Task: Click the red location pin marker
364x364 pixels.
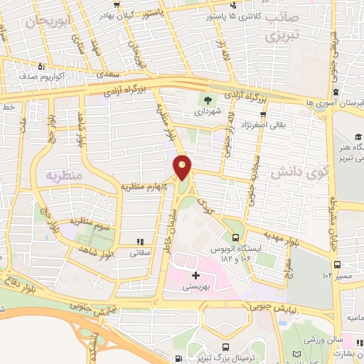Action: coord(183,167)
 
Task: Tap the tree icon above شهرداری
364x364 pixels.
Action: coord(208,100)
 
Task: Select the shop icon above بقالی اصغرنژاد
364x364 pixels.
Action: coord(264,113)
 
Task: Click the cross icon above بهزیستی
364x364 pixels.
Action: coord(196,275)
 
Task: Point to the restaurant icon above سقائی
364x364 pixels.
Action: coord(139,242)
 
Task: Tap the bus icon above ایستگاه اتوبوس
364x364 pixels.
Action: coord(235,238)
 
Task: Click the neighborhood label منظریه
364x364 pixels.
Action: coord(65,174)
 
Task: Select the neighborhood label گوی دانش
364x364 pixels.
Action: coord(293,171)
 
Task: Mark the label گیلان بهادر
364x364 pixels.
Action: coord(116,14)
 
